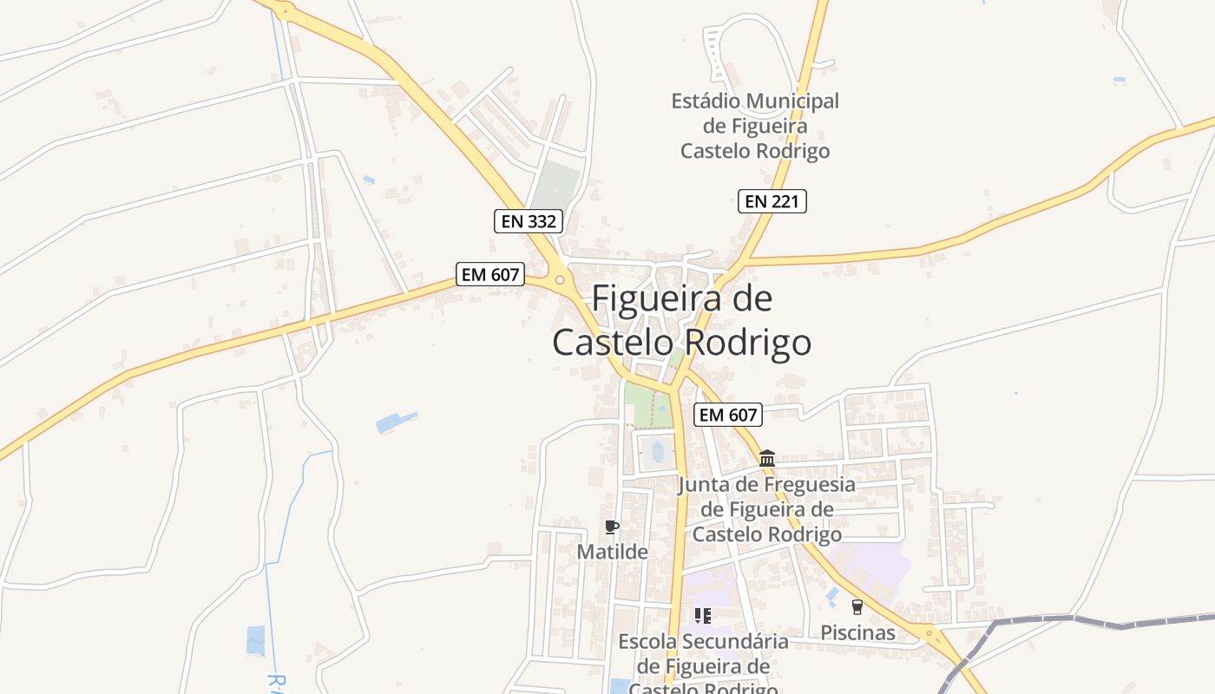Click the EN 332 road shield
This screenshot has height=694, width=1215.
click(x=529, y=221)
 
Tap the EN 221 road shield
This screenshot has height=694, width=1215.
click(x=772, y=201)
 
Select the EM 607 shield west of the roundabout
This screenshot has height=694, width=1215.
click(x=490, y=275)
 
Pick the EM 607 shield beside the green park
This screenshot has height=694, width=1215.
click(x=729, y=415)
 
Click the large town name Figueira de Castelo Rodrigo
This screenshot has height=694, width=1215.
click(x=682, y=321)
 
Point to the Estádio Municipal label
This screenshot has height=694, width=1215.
click(x=755, y=126)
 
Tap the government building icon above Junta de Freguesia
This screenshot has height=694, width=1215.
click(x=767, y=458)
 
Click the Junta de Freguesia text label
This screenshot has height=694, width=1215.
click(x=766, y=509)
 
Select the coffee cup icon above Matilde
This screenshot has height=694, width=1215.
click(x=612, y=527)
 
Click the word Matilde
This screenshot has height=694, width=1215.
click(x=613, y=552)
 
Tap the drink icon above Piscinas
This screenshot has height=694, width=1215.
click(x=857, y=607)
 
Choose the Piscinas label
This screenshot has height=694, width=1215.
click(x=857, y=633)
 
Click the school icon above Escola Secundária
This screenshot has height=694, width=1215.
click(x=703, y=616)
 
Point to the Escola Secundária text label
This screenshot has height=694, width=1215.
click(x=703, y=665)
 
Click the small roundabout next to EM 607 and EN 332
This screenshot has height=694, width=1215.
click(x=560, y=279)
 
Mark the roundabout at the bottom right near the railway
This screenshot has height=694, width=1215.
click(x=930, y=636)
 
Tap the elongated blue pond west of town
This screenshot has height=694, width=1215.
click(x=396, y=422)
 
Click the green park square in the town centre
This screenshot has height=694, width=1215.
click(x=647, y=405)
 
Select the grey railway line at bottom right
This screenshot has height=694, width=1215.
click(x=1085, y=622)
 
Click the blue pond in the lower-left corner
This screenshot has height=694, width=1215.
click(x=255, y=640)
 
